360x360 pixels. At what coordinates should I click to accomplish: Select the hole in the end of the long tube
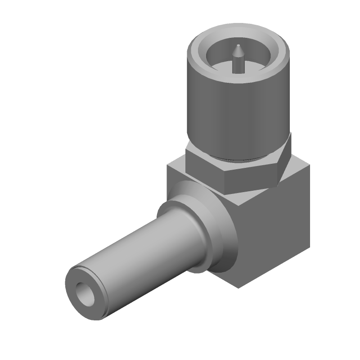pyautogui.click(x=85, y=294)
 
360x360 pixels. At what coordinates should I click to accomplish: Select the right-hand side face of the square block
pyautogui.click(x=274, y=234)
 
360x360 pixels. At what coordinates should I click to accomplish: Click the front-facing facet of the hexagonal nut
pyautogui.click(x=252, y=180)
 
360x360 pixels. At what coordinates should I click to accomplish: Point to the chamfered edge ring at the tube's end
pyautogui.click(x=72, y=273)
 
